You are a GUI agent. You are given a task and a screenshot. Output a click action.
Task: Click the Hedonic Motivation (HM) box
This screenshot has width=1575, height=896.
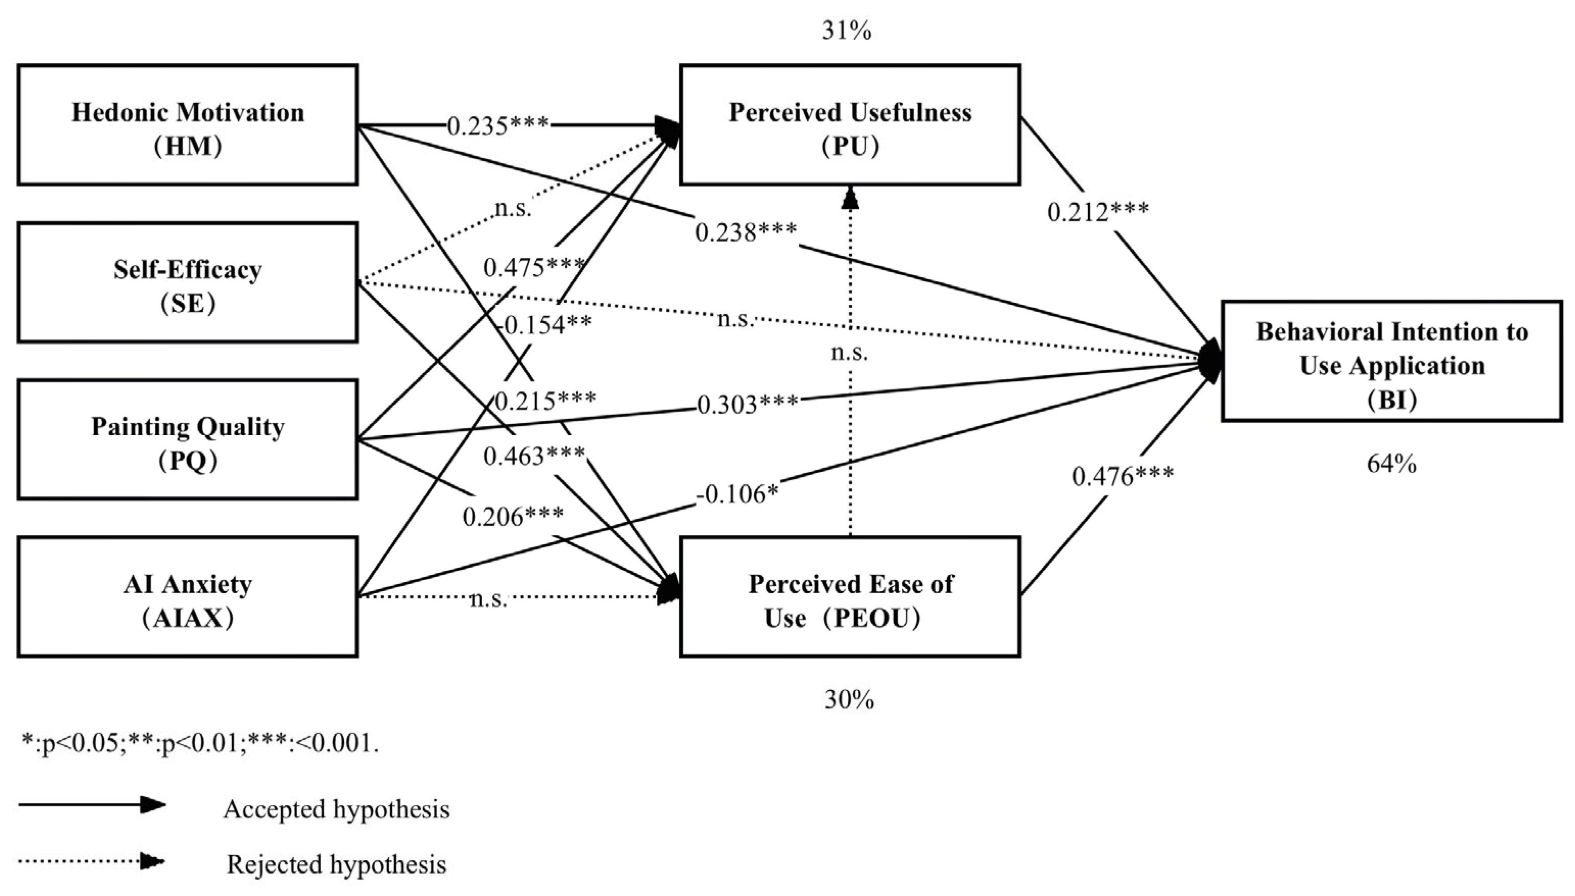[188, 125]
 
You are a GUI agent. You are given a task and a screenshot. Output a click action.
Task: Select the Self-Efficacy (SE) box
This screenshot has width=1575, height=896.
[188, 282]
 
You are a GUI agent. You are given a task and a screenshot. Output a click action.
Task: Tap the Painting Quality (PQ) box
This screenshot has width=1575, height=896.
[188, 440]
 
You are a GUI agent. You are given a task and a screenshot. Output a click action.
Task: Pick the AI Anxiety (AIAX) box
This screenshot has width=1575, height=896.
[188, 597]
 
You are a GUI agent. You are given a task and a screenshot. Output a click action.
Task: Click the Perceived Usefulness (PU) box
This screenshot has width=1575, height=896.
[850, 125]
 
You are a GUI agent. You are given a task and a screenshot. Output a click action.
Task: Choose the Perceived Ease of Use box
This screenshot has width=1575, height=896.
[850, 597]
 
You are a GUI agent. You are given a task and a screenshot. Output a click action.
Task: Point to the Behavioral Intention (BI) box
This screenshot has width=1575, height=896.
[1392, 361]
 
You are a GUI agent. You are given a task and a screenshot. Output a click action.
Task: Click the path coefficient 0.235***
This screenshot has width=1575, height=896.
[497, 126]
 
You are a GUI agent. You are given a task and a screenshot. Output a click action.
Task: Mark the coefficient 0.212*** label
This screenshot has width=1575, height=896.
[1098, 212]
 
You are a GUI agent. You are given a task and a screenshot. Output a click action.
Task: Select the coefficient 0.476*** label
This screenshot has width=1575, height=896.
[1123, 476]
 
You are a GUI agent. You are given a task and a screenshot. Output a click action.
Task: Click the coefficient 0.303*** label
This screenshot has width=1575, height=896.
[747, 404]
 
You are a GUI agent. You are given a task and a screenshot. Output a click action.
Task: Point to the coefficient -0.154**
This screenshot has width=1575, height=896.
[545, 324]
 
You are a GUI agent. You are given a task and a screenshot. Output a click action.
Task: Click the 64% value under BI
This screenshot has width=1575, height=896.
[1392, 464]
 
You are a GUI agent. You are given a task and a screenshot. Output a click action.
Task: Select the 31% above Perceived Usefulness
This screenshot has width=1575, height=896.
[847, 31]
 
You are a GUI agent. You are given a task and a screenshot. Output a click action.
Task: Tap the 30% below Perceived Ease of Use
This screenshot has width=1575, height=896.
[849, 699]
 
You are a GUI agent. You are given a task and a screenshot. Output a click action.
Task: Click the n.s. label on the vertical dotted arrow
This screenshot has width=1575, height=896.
[849, 353]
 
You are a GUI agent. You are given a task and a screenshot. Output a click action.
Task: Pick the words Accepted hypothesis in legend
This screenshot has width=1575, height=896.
[336, 809]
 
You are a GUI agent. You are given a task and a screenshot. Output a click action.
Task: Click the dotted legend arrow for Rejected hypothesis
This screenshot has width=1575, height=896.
[91, 862]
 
